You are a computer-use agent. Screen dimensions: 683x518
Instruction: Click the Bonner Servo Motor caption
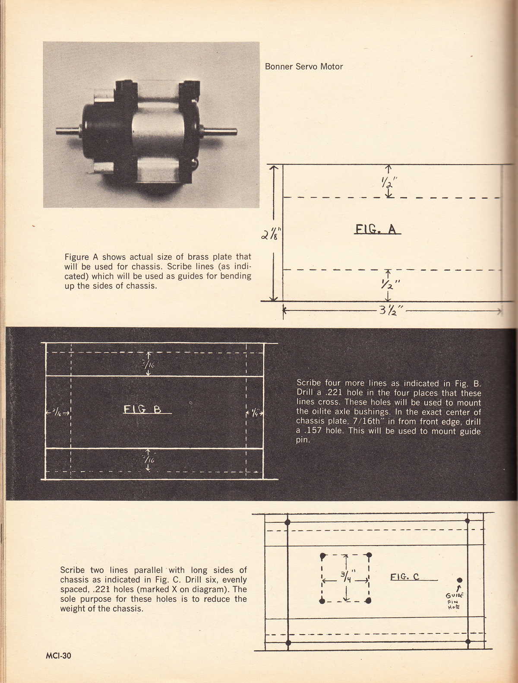tap(304, 67)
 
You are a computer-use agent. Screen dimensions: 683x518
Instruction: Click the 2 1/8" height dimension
tap(272, 235)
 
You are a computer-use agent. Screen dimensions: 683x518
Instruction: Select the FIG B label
tap(142, 409)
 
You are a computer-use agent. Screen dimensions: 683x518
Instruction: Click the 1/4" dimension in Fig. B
tap(255, 413)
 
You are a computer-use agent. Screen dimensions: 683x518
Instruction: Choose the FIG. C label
tap(404, 576)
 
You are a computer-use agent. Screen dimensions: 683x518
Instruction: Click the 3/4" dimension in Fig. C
tap(346, 576)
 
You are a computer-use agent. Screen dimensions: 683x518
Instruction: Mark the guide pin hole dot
tap(460, 580)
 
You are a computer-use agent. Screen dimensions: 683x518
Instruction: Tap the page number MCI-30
tap(58, 655)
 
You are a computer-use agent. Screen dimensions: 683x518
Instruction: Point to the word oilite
tap(320, 412)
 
